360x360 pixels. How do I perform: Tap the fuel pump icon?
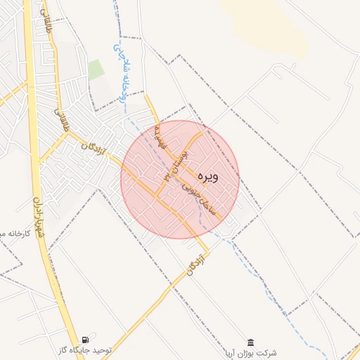tap(86, 339)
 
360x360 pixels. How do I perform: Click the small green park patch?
tap(96, 70)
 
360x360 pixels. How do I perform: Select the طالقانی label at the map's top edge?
tap(47, 24)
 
